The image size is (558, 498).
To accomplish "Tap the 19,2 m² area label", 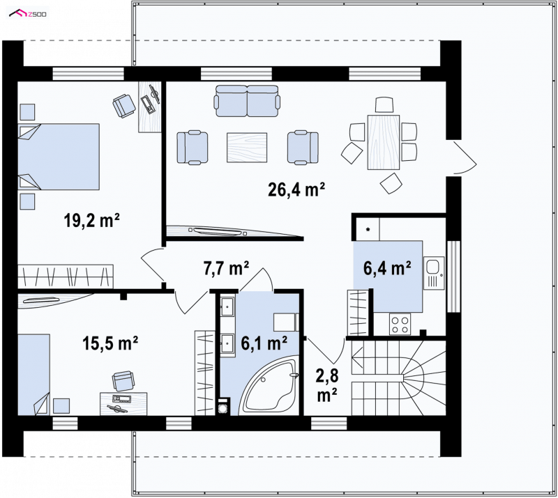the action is [x=91, y=220].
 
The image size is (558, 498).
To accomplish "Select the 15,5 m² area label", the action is [x=110, y=343].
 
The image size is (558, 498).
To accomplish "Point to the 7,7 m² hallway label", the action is [x=226, y=268].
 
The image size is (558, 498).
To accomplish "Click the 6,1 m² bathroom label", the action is [x=264, y=343].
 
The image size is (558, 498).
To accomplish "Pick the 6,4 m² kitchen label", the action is [x=387, y=268].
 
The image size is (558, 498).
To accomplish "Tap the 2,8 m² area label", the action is [x=327, y=385].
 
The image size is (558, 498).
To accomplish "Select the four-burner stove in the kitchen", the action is [x=400, y=324].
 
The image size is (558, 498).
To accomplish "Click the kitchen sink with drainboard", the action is [x=434, y=273].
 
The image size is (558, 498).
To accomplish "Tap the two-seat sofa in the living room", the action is [x=247, y=101].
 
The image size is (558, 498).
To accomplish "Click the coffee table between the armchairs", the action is [x=247, y=148].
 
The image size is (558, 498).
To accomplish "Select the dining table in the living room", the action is [x=384, y=142].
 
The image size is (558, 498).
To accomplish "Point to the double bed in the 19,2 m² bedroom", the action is [x=59, y=157].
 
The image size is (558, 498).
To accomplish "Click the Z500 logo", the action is [x=28, y=14].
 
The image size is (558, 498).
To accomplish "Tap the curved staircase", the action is [x=398, y=378].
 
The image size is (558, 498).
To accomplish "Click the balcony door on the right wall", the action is [x=465, y=157].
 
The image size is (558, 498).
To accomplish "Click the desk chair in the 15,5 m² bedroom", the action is [x=123, y=380].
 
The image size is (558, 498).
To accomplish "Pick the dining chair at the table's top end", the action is [x=384, y=105].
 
